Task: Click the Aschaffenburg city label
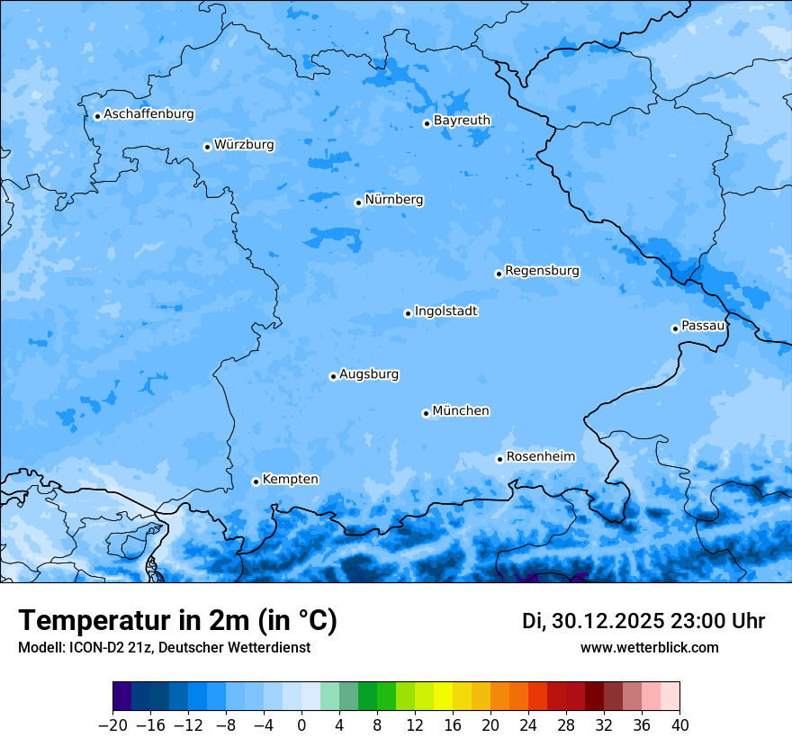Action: pos(148,114)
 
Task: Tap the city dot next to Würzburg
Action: pos(207,147)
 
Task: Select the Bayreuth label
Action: pos(462,121)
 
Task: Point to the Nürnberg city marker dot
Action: pos(358,202)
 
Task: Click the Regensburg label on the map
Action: pos(542,271)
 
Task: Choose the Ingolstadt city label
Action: pos(445,311)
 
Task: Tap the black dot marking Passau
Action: pos(675,328)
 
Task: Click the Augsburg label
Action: pos(369,374)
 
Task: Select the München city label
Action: pos(461,411)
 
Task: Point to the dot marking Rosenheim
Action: pos(499,459)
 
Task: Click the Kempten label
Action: pos(290,480)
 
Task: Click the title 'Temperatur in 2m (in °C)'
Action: pos(177,621)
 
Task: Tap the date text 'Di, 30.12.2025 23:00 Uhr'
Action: pos(643,621)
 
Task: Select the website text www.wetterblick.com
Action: pos(649,647)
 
